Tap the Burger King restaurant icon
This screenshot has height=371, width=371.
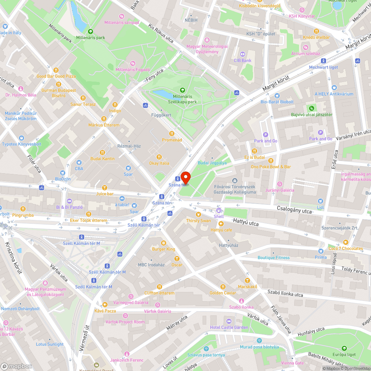click(x=163, y=243)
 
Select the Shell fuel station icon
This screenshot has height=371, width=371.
click(x=219, y=210)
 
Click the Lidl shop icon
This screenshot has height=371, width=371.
click(x=320, y=201)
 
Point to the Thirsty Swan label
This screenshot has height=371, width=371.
click(x=198, y=221)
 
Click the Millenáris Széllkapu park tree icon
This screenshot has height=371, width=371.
click(x=182, y=90)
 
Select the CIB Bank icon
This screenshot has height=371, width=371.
click(x=243, y=54)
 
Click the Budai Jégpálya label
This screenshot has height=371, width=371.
click(x=213, y=163)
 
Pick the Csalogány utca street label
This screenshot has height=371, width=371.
click(x=294, y=210)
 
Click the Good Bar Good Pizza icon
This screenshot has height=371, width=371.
click(x=56, y=70)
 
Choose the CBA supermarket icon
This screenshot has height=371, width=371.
click(x=79, y=162)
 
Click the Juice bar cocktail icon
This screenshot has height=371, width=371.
click(x=105, y=188)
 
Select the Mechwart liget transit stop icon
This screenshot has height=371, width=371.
click(x=324, y=61)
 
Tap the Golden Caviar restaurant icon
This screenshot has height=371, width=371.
click(x=223, y=286)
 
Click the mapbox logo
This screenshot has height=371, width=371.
click(x=17, y=366)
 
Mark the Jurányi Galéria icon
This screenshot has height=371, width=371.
click(x=280, y=184)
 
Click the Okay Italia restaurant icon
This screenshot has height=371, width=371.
click(x=159, y=157)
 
